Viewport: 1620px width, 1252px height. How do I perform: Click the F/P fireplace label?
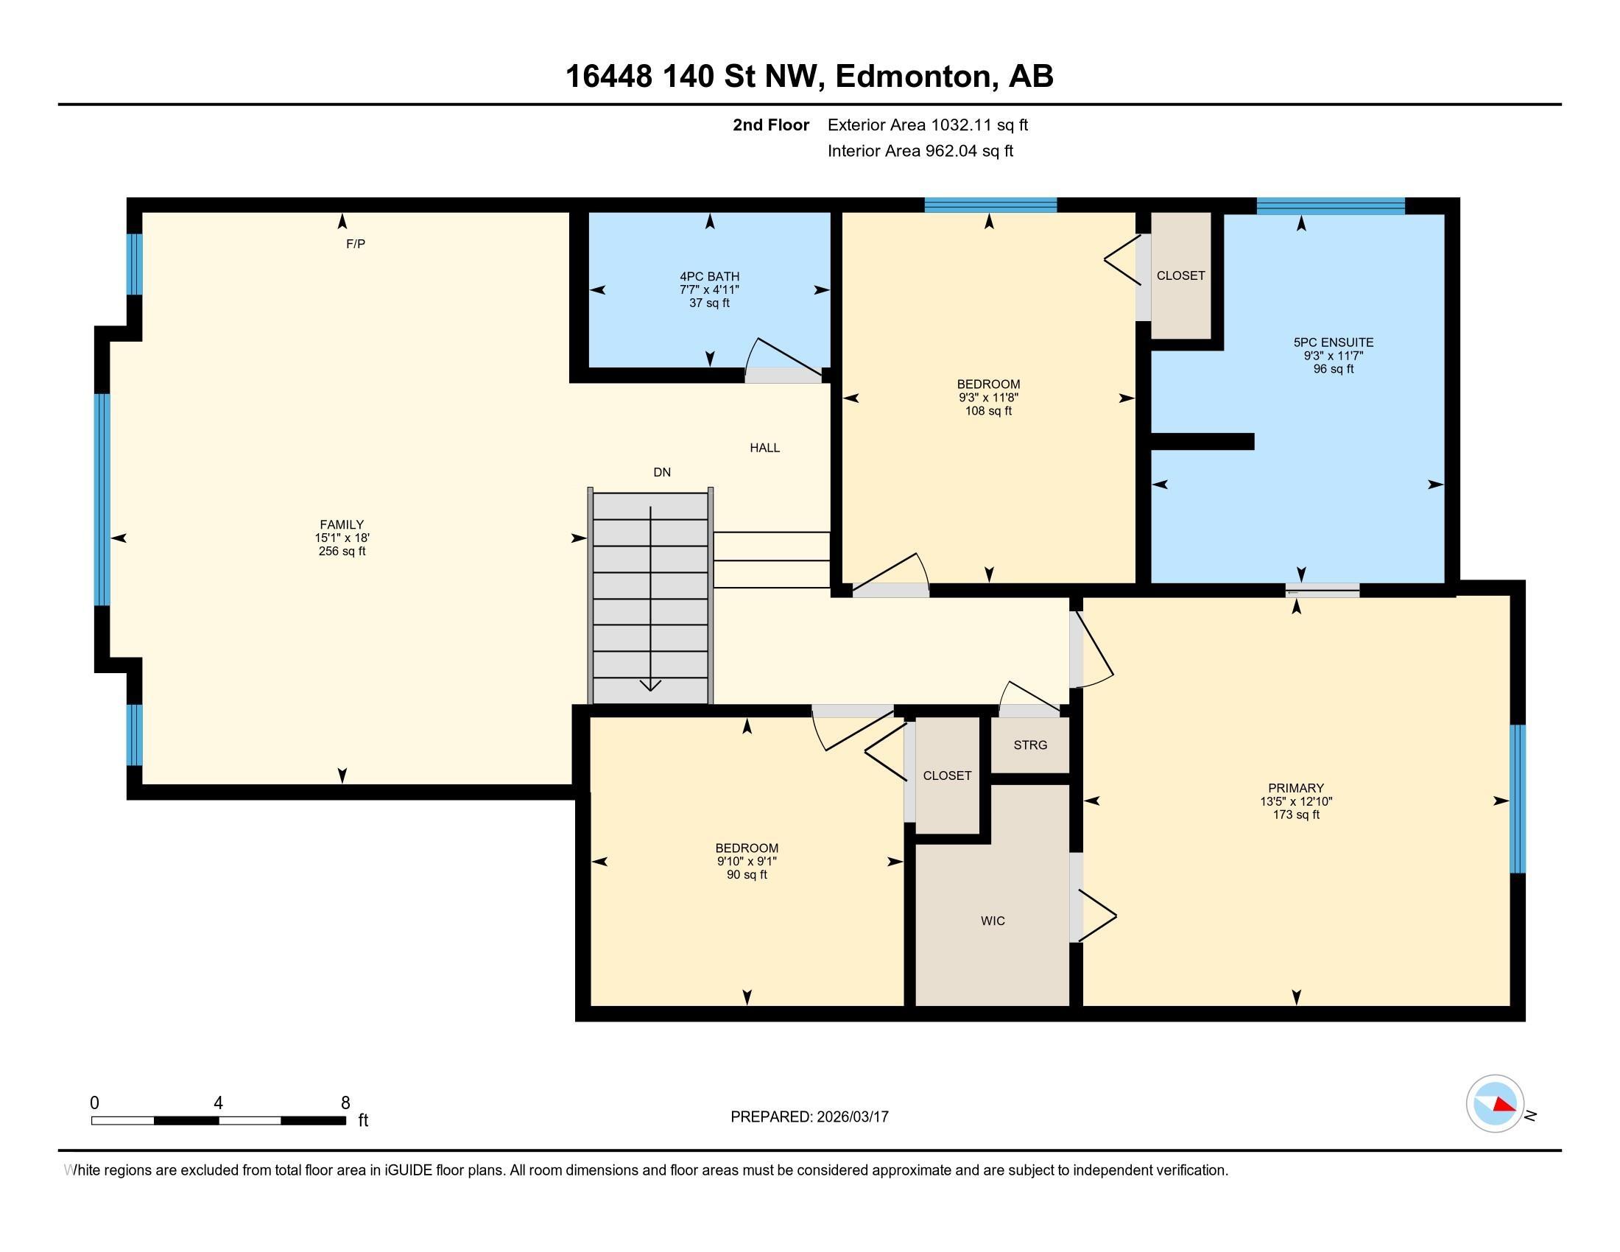pyautogui.click(x=356, y=244)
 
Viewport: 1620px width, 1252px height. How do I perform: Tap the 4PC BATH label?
pyautogui.click(x=710, y=277)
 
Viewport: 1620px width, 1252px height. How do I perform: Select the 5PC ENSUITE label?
pyautogui.click(x=1334, y=342)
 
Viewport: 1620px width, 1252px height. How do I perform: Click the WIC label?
pyautogui.click(x=993, y=921)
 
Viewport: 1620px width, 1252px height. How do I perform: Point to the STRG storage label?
pyautogui.click(x=1030, y=745)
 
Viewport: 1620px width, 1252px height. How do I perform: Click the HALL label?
pyautogui.click(x=765, y=448)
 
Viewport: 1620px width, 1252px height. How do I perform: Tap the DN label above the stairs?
pyautogui.click(x=662, y=473)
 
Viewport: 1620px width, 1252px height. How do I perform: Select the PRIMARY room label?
pyautogui.click(x=1296, y=789)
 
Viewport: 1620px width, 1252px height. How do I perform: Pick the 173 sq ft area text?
pyautogui.click(x=1296, y=815)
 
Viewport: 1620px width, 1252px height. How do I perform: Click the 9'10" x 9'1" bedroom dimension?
pyautogui.click(x=747, y=862)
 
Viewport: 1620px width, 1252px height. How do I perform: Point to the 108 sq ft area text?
pyautogui.click(x=989, y=411)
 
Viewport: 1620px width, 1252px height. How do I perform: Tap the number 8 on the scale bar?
pyautogui.click(x=345, y=1103)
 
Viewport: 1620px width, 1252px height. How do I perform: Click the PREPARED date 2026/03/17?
pyautogui.click(x=853, y=1117)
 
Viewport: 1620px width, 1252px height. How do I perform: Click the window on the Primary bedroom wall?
pyautogui.click(x=1518, y=799)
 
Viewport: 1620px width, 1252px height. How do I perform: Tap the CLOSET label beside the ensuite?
pyautogui.click(x=1181, y=276)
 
